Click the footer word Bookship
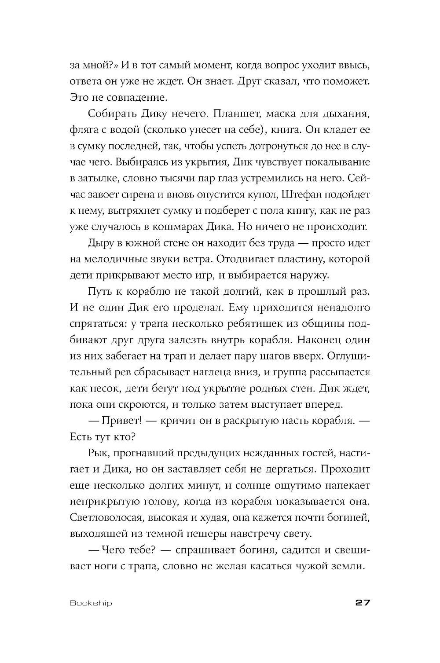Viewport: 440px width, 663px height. coord(91,603)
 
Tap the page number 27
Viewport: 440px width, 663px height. coord(362,602)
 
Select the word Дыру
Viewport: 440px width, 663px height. coord(99,243)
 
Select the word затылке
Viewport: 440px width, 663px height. coord(98,178)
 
